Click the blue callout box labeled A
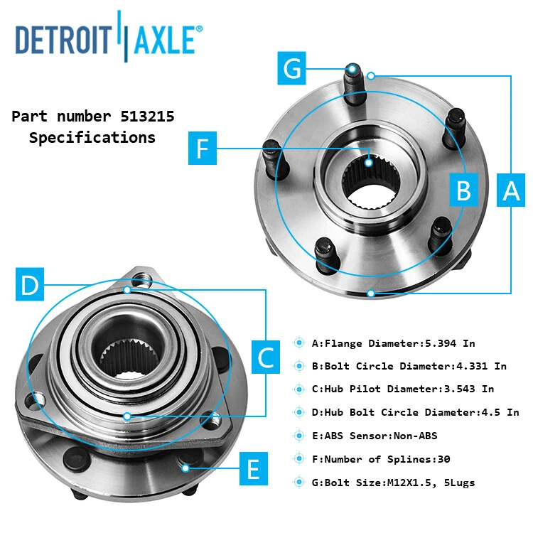pyautogui.click(x=512, y=190)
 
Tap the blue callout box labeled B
pyautogui.click(x=463, y=190)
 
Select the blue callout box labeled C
pyautogui.click(x=266, y=357)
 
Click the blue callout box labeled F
pyautogui.click(x=203, y=148)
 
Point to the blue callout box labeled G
pyautogui.click(x=293, y=69)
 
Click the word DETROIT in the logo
pyautogui.click(x=63, y=40)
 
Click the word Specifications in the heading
pyautogui.click(x=92, y=138)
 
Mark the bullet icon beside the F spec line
pyautogui.click(x=299, y=459)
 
